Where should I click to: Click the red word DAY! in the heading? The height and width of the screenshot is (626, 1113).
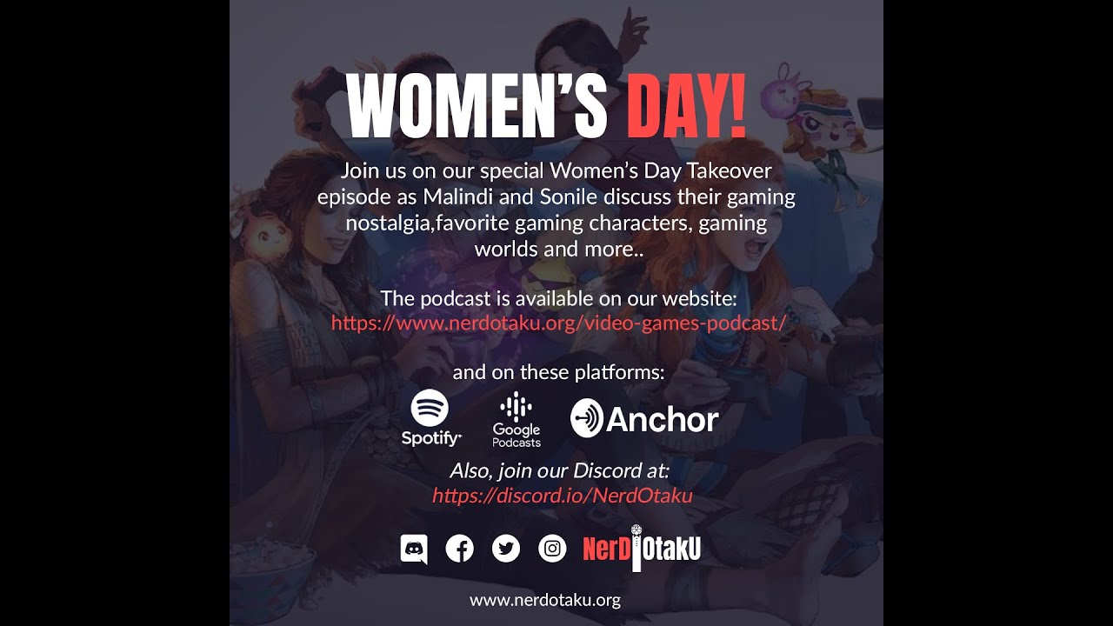click(686, 107)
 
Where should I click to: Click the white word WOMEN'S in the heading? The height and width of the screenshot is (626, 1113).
click(476, 107)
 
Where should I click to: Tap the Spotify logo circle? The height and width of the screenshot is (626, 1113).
click(430, 408)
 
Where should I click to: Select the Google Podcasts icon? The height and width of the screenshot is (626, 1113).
click(517, 408)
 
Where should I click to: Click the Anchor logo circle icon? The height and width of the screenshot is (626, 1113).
click(587, 418)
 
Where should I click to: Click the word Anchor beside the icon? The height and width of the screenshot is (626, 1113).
click(663, 420)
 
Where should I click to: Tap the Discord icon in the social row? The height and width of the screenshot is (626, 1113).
click(414, 549)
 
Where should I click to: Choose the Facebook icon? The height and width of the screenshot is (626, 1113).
click(459, 549)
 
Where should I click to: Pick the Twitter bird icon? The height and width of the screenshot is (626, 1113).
click(505, 549)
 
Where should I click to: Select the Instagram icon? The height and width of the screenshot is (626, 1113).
click(552, 549)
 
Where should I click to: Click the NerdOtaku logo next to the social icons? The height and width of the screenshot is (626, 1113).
click(642, 549)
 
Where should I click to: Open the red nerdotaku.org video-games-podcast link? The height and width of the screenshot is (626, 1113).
click(558, 323)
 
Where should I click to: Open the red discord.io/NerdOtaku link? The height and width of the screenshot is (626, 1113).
click(562, 496)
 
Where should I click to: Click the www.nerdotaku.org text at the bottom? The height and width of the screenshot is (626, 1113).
click(545, 600)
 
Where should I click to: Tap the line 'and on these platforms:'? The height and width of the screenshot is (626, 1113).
click(558, 373)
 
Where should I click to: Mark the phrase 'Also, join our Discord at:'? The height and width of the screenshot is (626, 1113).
click(560, 470)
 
